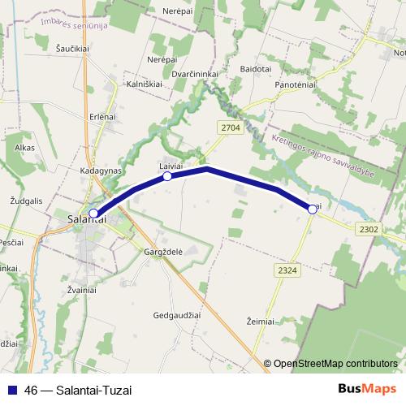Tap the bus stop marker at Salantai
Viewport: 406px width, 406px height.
tap(93, 214)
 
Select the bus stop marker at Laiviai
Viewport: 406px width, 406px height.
tap(167, 176)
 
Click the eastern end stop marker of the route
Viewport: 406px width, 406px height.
tap(313, 209)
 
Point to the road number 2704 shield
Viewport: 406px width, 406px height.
tap(230, 127)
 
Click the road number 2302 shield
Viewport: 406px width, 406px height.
tap(368, 230)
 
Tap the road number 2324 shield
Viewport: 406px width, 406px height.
tap(286, 269)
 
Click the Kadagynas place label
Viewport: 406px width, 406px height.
tap(101, 172)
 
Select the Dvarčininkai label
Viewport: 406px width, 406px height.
tap(188, 73)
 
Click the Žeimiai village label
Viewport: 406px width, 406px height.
tap(261, 322)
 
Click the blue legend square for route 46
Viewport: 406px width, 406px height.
tap(14, 390)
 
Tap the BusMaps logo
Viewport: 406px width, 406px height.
tap(366, 389)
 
